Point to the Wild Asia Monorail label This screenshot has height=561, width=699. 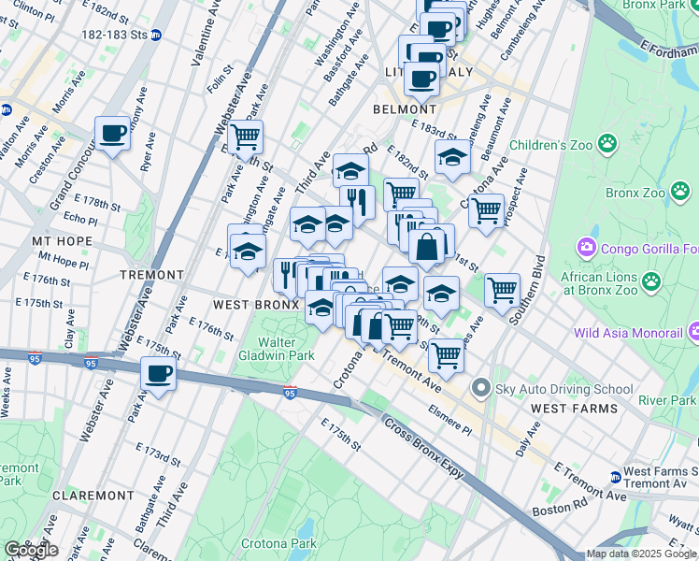pos(628,332)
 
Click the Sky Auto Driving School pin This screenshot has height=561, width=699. pos(480,387)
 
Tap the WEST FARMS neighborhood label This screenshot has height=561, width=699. pos(574,409)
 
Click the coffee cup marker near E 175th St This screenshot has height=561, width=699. pos(158,375)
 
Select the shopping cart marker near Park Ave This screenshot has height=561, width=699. pos(245,138)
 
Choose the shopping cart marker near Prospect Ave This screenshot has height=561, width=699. pos(486,212)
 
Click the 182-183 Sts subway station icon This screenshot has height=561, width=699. pos(156,35)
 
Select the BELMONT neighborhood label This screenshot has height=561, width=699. pos(399,109)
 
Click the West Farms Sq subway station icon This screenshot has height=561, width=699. pos(615,477)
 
